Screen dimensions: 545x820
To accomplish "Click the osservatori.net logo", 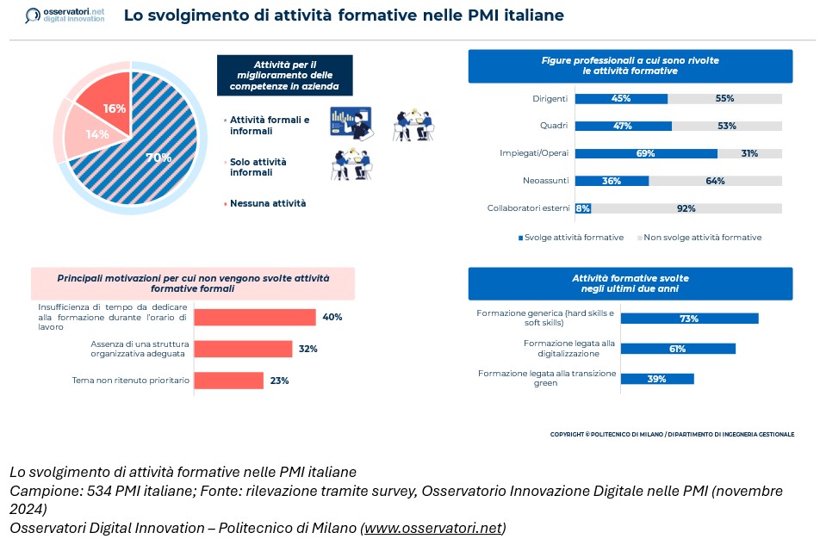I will [64, 15].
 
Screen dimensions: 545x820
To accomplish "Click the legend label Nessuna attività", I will [267, 203].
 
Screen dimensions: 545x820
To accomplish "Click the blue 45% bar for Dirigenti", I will [621, 99].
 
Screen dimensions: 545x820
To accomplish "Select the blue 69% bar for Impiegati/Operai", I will [645, 153].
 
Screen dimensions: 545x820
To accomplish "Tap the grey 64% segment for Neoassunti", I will [715, 181].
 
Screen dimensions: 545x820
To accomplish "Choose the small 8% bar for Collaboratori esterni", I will [582, 208].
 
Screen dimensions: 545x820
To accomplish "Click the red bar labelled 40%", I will [255, 317].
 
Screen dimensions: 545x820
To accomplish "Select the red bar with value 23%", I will [228, 381].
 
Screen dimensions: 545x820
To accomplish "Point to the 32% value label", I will [308, 349].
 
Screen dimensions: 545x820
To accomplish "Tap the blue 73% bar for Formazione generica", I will [689, 319].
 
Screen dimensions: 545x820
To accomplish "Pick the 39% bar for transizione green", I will [657, 379].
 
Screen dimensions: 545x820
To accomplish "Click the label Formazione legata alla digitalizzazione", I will [569, 348].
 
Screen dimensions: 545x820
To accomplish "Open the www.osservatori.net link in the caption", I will [434, 527].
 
